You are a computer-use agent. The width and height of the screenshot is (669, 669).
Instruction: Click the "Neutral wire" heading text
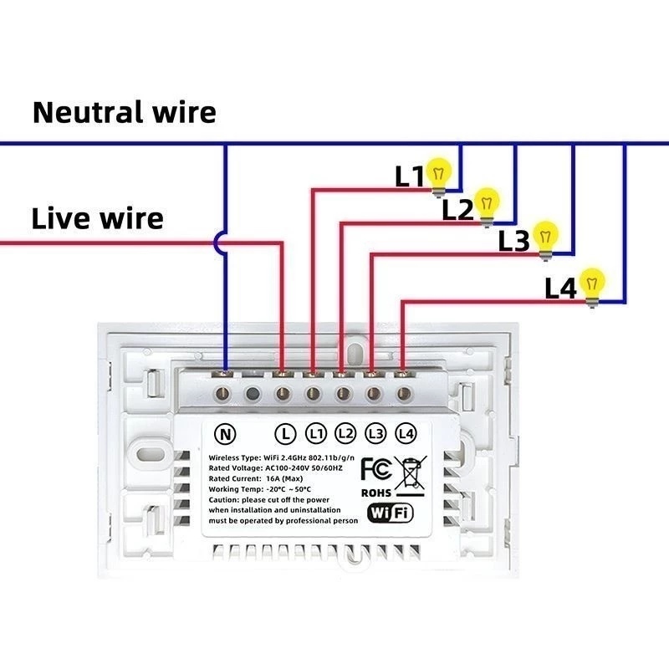(124, 112)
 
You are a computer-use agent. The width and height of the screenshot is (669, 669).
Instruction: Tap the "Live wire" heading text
(98, 218)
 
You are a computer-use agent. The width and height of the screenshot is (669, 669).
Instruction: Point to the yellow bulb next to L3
(545, 240)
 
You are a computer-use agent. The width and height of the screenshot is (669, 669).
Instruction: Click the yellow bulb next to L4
(592, 287)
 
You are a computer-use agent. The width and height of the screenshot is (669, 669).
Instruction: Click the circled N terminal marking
(225, 434)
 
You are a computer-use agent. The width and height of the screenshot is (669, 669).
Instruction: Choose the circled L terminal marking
(285, 434)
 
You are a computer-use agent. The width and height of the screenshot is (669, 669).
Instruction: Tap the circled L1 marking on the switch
(316, 434)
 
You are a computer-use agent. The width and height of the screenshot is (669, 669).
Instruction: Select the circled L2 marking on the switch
(345, 433)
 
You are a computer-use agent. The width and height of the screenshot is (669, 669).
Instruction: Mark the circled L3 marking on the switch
(375, 433)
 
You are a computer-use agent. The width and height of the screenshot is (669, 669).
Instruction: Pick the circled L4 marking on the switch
(406, 433)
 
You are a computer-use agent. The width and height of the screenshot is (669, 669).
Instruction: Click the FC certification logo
(376, 469)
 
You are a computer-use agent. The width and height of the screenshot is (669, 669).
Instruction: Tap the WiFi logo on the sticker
(391, 513)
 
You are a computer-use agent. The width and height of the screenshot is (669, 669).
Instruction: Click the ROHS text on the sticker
(375, 493)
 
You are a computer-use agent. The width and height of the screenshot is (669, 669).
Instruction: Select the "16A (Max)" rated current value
(284, 478)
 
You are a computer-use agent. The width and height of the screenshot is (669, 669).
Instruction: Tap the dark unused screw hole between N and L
(253, 393)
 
